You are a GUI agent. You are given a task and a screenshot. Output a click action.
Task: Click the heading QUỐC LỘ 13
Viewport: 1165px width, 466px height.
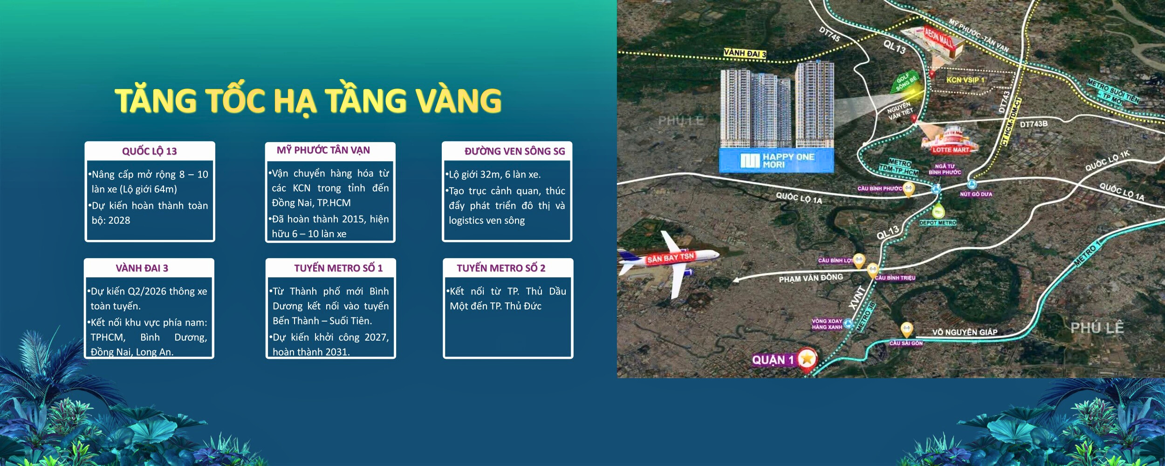tap(149, 151)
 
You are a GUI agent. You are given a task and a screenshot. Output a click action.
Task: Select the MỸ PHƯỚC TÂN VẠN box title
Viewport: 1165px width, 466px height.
tap(323, 150)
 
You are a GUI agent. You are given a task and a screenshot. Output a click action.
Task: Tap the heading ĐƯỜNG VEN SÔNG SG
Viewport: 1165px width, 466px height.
tap(514, 151)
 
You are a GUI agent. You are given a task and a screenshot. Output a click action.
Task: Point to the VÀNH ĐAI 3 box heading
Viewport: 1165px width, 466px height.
tap(142, 268)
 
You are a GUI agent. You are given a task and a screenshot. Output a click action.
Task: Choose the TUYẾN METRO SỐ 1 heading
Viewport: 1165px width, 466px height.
tap(338, 268)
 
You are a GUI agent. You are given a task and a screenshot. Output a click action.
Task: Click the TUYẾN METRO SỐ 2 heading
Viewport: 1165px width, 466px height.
tap(500, 268)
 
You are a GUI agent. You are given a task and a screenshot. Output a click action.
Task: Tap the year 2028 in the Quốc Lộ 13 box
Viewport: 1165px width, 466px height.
tap(119, 220)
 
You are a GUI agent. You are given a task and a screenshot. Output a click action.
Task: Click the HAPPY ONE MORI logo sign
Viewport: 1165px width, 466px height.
tap(776, 161)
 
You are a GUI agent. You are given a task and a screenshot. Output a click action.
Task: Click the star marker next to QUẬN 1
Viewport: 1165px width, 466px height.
tap(807, 359)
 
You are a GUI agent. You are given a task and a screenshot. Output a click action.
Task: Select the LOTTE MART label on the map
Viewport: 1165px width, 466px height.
tap(950, 150)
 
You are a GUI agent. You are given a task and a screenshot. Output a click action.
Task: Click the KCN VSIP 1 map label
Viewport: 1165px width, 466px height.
tap(965, 80)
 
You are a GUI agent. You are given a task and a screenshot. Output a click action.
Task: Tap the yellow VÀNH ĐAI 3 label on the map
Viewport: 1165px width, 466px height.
tap(744, 54)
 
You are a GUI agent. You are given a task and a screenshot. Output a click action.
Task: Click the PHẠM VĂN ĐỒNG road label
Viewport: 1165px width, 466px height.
tap(811, 278)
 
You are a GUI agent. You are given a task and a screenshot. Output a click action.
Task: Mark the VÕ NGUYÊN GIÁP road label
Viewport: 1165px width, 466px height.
tap(965, 332)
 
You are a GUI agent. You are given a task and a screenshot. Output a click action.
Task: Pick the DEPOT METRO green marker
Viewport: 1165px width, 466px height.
tap(938, 212)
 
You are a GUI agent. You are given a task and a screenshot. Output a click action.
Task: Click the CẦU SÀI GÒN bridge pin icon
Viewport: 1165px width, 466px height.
tap(906, 329)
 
